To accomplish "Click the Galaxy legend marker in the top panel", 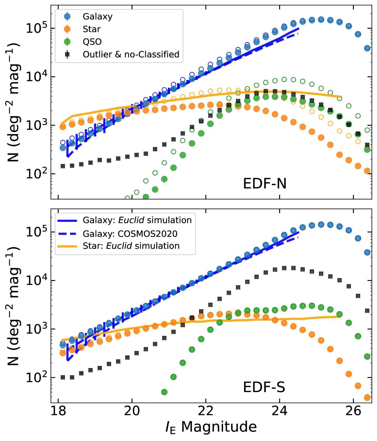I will point(67,17).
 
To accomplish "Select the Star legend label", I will point(92,29).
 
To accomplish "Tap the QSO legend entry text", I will point(92,42).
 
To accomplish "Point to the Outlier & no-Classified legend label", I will point(131,54).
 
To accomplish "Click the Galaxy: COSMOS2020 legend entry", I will point(130,234).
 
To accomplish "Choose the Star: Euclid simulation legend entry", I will point(131,246).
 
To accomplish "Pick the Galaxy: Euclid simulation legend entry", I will point(137,220).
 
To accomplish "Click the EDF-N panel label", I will point(264,184).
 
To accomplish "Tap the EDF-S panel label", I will point(264,387).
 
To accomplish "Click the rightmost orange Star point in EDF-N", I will point(367,171).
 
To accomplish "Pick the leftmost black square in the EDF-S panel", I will point(63,377).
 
